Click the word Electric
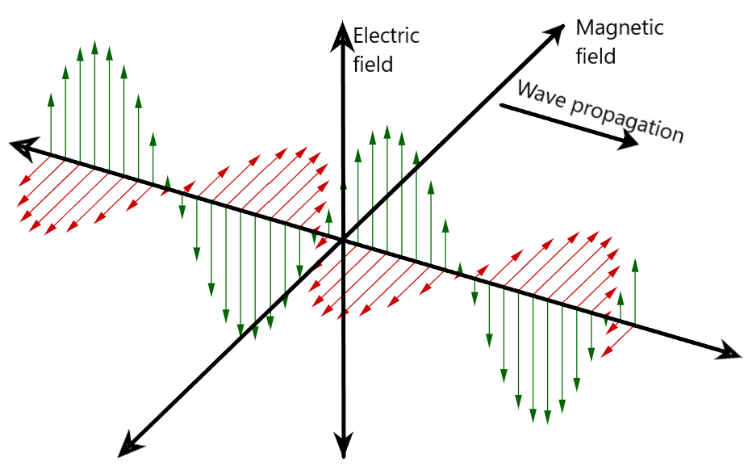387,36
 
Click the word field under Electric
373,64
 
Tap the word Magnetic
619,28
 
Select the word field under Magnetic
596,56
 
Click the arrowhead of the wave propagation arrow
630,141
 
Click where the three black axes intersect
344,239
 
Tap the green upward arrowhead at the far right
635,264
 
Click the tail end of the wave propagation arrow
501,105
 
